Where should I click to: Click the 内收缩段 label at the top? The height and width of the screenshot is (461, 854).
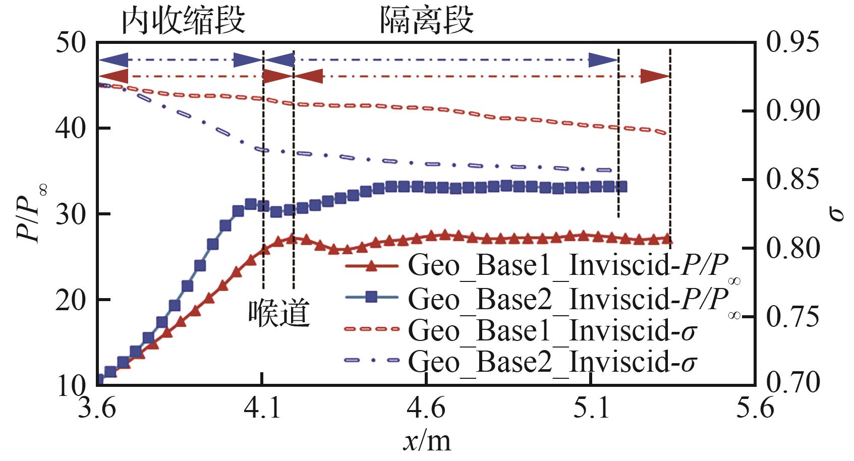183,21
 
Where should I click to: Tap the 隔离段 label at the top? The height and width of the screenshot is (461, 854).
426,21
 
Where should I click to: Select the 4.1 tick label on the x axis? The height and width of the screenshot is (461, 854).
262,408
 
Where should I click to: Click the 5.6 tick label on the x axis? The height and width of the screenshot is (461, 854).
755,408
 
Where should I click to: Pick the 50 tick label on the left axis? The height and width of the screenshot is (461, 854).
71,43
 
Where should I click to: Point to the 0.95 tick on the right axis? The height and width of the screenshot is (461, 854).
792,42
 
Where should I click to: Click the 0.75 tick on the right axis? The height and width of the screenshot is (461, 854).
792,316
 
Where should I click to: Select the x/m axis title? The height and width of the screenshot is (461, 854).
427,441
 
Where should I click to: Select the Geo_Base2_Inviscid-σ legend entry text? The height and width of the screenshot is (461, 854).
552,362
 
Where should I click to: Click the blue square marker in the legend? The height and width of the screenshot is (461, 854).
371,297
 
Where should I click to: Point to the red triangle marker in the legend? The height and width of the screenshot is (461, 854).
371,265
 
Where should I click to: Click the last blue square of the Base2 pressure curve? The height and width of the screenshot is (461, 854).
622,187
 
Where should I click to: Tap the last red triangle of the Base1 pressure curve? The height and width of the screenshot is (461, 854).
667,239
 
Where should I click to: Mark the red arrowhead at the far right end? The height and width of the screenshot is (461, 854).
655,77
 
